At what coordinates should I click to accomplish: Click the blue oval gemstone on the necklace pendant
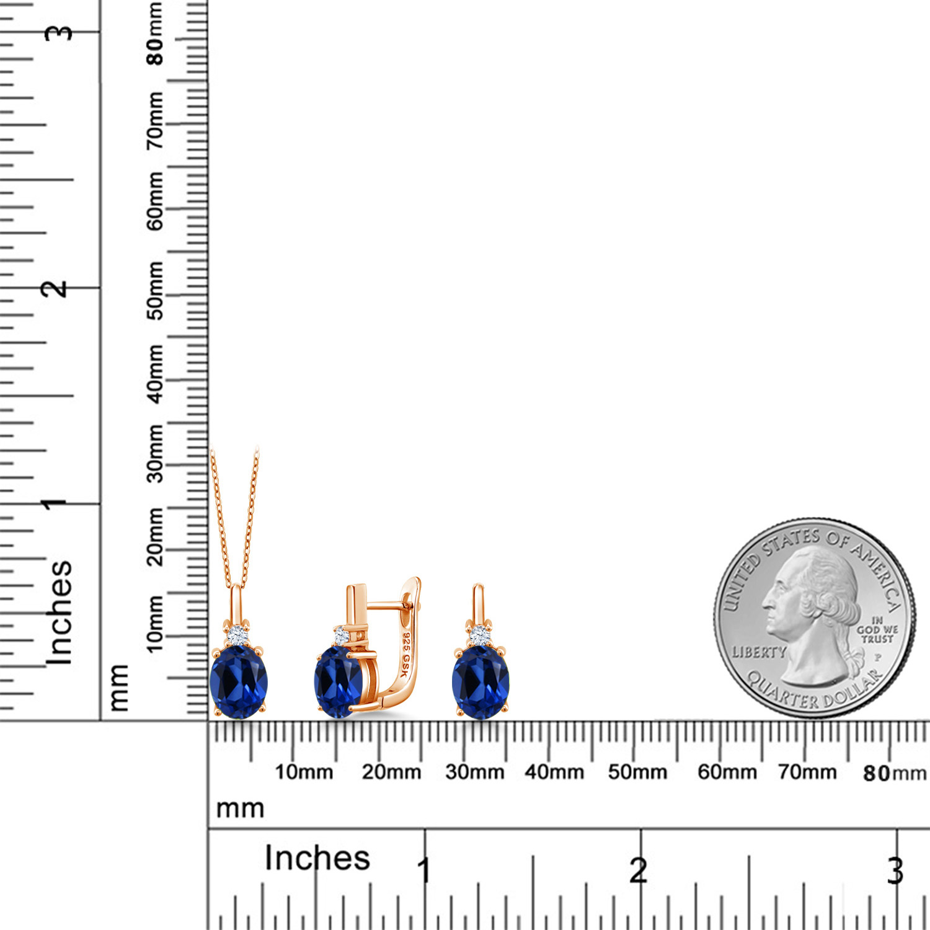(239, 682)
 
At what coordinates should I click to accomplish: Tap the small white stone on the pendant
(237, 635)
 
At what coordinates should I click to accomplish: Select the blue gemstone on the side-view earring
(339, 681)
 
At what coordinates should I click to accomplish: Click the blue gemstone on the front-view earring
(480, 682)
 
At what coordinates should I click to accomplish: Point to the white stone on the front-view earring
(479, 635)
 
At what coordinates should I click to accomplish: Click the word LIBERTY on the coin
(759, 652)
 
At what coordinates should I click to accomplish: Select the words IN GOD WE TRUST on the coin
(877, 629)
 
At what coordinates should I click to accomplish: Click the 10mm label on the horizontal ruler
(304, 772)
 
